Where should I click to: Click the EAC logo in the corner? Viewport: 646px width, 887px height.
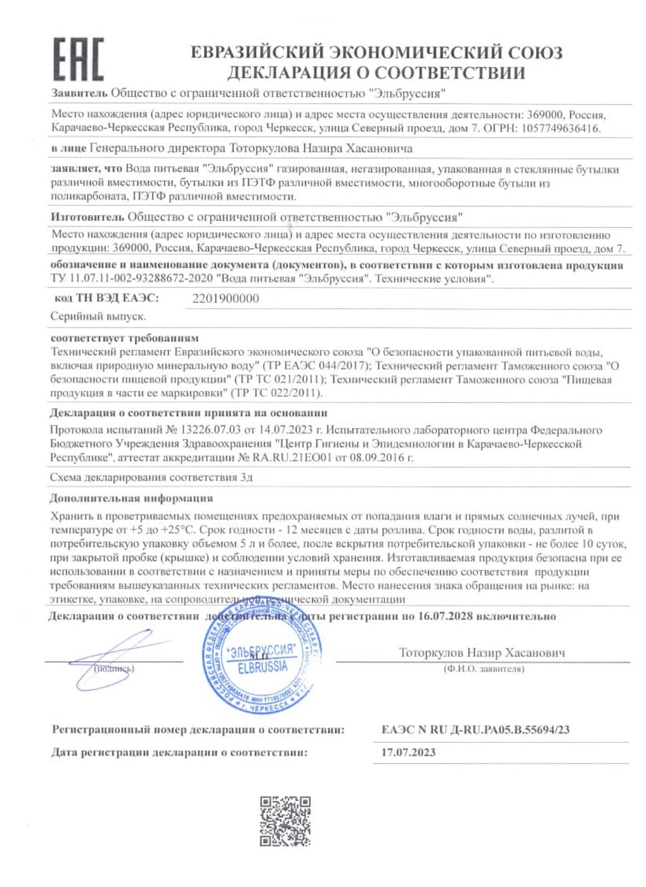(x=79, y=59)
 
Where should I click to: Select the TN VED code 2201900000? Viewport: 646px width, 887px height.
(x=225, y=299)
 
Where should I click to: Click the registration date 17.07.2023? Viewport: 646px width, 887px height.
(x=408, y=752)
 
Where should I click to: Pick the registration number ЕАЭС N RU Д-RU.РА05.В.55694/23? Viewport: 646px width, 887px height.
(x=475, y=729)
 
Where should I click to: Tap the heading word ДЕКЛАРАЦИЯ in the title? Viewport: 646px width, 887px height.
(x=289, y=73)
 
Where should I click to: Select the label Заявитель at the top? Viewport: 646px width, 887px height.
(x=79, y=93)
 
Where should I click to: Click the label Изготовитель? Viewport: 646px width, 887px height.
(x=88, y=217)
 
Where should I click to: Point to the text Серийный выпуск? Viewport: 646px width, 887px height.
(x=98, y=316)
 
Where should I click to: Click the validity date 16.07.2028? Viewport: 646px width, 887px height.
(x=445, y=616)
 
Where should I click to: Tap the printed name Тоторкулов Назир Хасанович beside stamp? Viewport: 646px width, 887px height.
(x=482, y=653)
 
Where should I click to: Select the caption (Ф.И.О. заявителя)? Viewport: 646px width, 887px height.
(x=483, y=669)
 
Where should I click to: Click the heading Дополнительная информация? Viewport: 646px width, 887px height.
(x=131, y=498)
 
